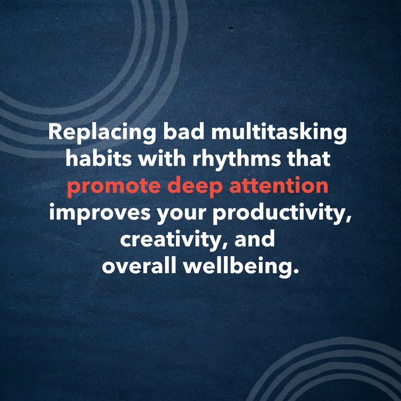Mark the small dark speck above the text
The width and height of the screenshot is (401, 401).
tap(232, 27)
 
